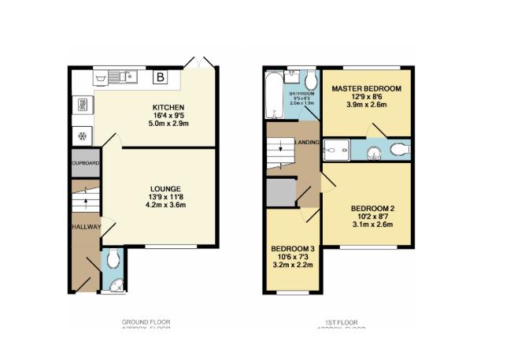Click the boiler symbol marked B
160,77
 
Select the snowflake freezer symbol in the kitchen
81,135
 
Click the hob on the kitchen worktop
81,105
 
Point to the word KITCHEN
168,107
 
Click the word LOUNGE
166,188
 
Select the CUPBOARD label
85,163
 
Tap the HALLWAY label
86,227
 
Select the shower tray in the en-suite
338,148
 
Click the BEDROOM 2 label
372,208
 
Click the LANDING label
307,142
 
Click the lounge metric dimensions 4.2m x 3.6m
166,205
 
